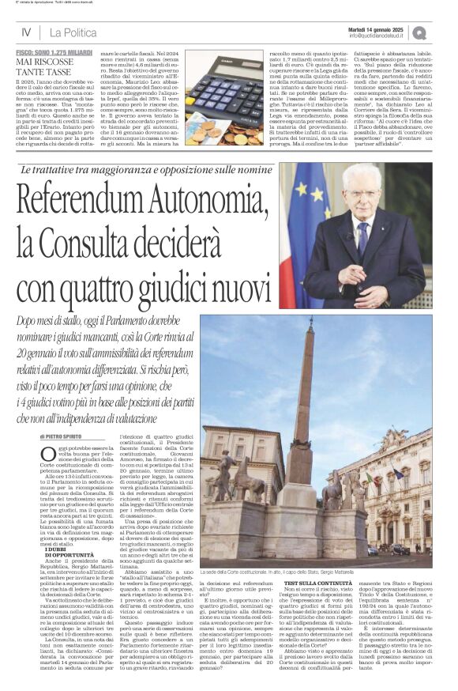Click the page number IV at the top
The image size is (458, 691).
(26, 32)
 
